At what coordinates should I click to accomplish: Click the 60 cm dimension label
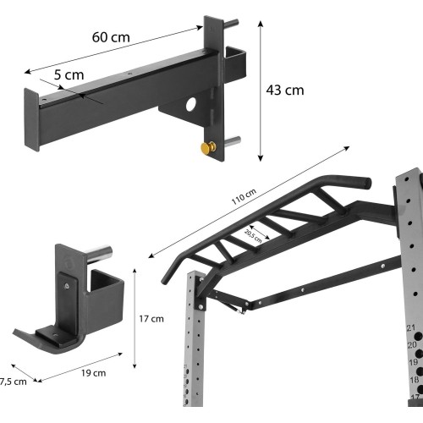[111, 37]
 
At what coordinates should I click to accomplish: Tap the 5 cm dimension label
[69, 75]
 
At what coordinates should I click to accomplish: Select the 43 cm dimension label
[285, 91]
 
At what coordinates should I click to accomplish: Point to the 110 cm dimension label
[244, 196]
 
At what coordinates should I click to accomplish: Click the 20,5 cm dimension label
[253, 236]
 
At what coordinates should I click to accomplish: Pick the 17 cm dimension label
[151, 319]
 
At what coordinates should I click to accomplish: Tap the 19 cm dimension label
[94, 373]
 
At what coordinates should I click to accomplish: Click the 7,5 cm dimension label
[13, 382]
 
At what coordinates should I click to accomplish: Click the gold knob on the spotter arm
[208, 147]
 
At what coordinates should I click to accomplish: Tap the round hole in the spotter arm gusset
[191, 104]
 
